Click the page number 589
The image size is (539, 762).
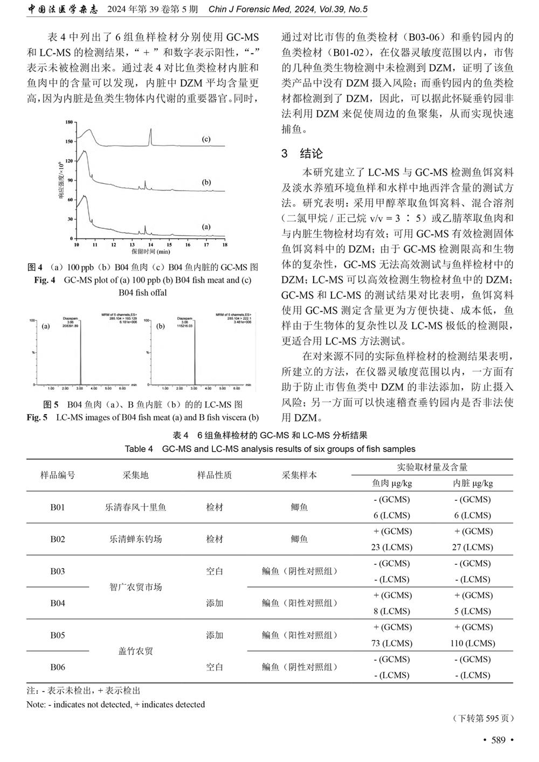499,740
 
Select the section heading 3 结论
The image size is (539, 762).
302,153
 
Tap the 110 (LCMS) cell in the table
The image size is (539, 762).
473,643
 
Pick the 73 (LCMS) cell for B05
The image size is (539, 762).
392,643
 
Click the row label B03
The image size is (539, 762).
58,571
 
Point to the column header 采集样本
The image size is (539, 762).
299,475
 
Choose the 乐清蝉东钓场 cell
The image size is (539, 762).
135,539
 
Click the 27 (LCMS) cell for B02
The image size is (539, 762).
473,547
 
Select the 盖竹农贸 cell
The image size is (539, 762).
135,651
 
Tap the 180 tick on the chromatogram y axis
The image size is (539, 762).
68,122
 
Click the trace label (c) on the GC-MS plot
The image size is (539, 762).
206,139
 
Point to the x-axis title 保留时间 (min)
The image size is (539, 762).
150,251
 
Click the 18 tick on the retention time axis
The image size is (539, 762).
225,244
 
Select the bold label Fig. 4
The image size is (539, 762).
45,280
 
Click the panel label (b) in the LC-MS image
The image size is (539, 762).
160,326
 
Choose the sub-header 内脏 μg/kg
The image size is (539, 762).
473,483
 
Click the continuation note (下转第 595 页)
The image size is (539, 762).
483,718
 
